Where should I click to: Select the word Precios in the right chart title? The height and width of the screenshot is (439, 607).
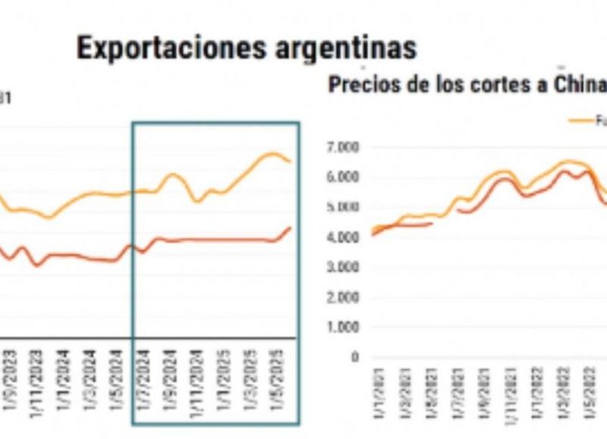361,85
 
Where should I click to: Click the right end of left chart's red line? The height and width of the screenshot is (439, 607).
291,227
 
